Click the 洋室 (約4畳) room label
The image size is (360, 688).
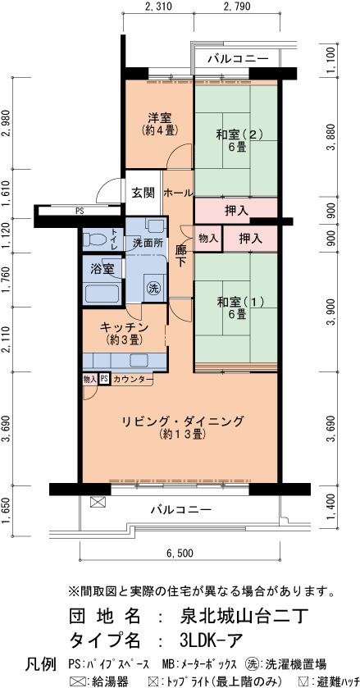[159, 123]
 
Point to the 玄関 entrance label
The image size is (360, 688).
[144, 192]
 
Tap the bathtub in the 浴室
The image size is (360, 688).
[103, 294]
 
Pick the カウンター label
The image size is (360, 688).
[133, 379]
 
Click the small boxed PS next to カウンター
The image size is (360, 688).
[104, 379]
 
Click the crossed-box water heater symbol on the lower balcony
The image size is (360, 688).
[97, 502]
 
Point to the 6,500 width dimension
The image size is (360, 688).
[179, 553]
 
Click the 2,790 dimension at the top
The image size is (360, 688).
[237, 7]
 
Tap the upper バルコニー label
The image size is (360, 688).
[238, 58]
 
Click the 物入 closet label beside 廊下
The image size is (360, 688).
[208, 239]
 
